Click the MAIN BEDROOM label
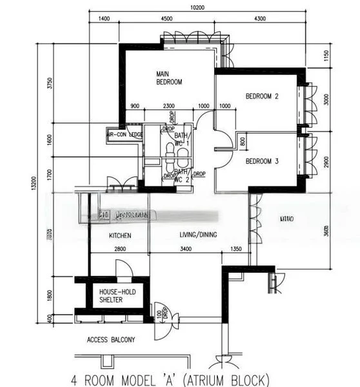pos(169,77)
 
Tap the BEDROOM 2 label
pos(262,97)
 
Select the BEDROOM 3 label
pos(262,161)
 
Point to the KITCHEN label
pos(120,236)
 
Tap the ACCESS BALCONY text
pos(111,340)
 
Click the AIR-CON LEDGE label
pos(125,135)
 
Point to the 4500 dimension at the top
pos(166,19)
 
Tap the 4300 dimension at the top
pos(260,19)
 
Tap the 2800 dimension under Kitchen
pos(120,249)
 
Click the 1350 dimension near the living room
pos(235,249)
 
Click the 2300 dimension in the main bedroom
pos(168,106)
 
